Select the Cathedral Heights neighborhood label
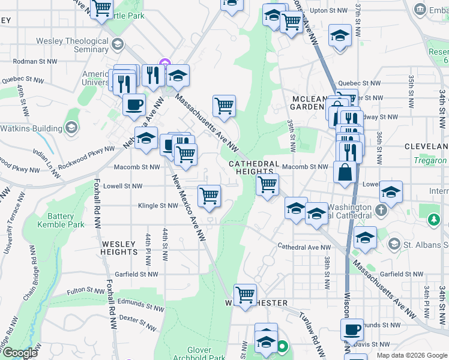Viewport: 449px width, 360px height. (253, 167)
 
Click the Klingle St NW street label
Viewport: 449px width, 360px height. (158, 205)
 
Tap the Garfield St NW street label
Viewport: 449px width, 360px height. (137, 274)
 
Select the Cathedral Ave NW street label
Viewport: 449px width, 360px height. (304, 247)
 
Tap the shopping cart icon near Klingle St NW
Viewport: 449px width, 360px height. (209, 195)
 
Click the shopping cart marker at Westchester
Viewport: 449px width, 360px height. (245, 295)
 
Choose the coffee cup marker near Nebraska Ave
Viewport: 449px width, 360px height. (134, 104)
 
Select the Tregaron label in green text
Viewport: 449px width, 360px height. (430, 161)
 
